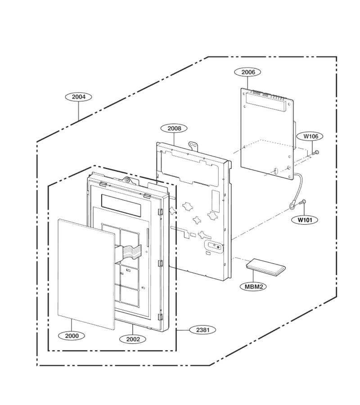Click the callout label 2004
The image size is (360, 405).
coord(78,97)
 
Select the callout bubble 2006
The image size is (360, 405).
coord(247,72)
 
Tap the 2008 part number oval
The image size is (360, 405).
coord(174,128)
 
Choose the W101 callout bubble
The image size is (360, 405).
coord(305,220)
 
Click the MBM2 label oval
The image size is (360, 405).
coord(253,287)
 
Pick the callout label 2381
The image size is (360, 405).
coord(203,330)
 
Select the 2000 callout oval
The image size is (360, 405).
coord(72,336)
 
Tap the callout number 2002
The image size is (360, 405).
coord(133,339)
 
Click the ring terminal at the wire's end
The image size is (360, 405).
coord(292,206)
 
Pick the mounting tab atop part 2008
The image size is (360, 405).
coord(193,145)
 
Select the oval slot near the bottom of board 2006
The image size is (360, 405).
coord(275,171)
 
